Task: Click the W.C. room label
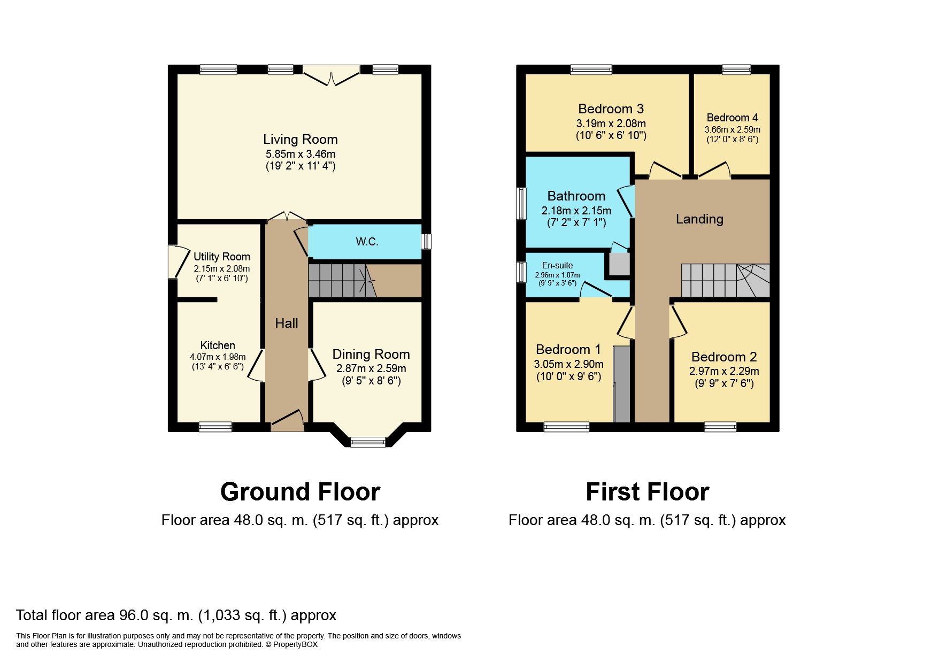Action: [367, 242]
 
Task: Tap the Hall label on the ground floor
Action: [287, 323]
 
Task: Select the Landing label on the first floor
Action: [699, 219]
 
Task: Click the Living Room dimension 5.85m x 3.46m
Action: [301, 154]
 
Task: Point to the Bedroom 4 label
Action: [732, 118]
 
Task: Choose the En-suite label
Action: [557, 265]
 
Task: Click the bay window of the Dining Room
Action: [368, 442]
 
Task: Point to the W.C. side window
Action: [426, 242]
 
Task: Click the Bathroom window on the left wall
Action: [521, 203]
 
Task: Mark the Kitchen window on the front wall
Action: [215, 427]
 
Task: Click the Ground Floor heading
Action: [300, 492]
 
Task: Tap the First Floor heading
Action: [647, 492]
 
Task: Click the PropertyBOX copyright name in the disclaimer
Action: [295, 644]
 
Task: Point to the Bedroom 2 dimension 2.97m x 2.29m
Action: [724, 371]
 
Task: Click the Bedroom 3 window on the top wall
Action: [591, 70]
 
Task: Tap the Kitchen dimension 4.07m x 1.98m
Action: [218, 357]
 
